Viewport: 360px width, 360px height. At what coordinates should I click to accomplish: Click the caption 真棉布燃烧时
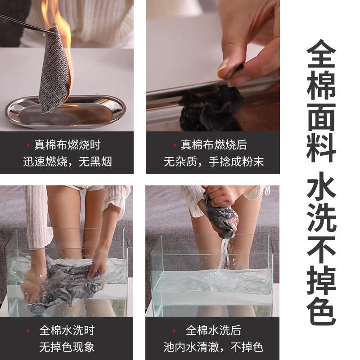[67, 145]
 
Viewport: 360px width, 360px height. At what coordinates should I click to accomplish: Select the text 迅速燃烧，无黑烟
[67, 162]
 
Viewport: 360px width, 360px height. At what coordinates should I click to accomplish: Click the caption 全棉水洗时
[67, 330]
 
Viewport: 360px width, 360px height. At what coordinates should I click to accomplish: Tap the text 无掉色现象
[67, 347]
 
